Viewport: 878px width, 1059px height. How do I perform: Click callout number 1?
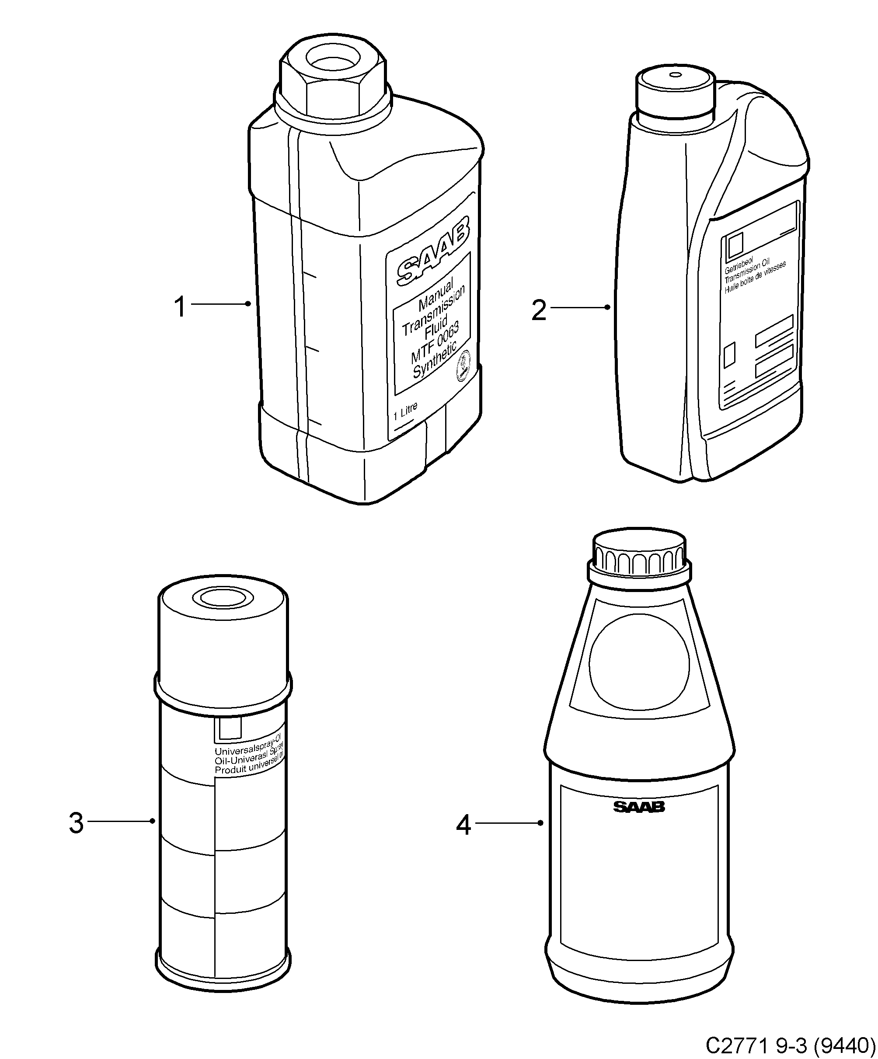(180, 307)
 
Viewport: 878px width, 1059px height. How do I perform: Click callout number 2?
(539, 310)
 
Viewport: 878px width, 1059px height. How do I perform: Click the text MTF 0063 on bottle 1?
(435, 342)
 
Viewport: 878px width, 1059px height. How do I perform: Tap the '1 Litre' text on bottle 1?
(405, 411)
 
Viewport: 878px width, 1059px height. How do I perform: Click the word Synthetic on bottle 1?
(434, 359)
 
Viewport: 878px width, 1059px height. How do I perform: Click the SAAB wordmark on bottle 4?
(639, 807)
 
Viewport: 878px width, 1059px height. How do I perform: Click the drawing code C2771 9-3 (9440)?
(790, 1045)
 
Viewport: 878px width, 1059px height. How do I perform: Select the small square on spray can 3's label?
(228, 728)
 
